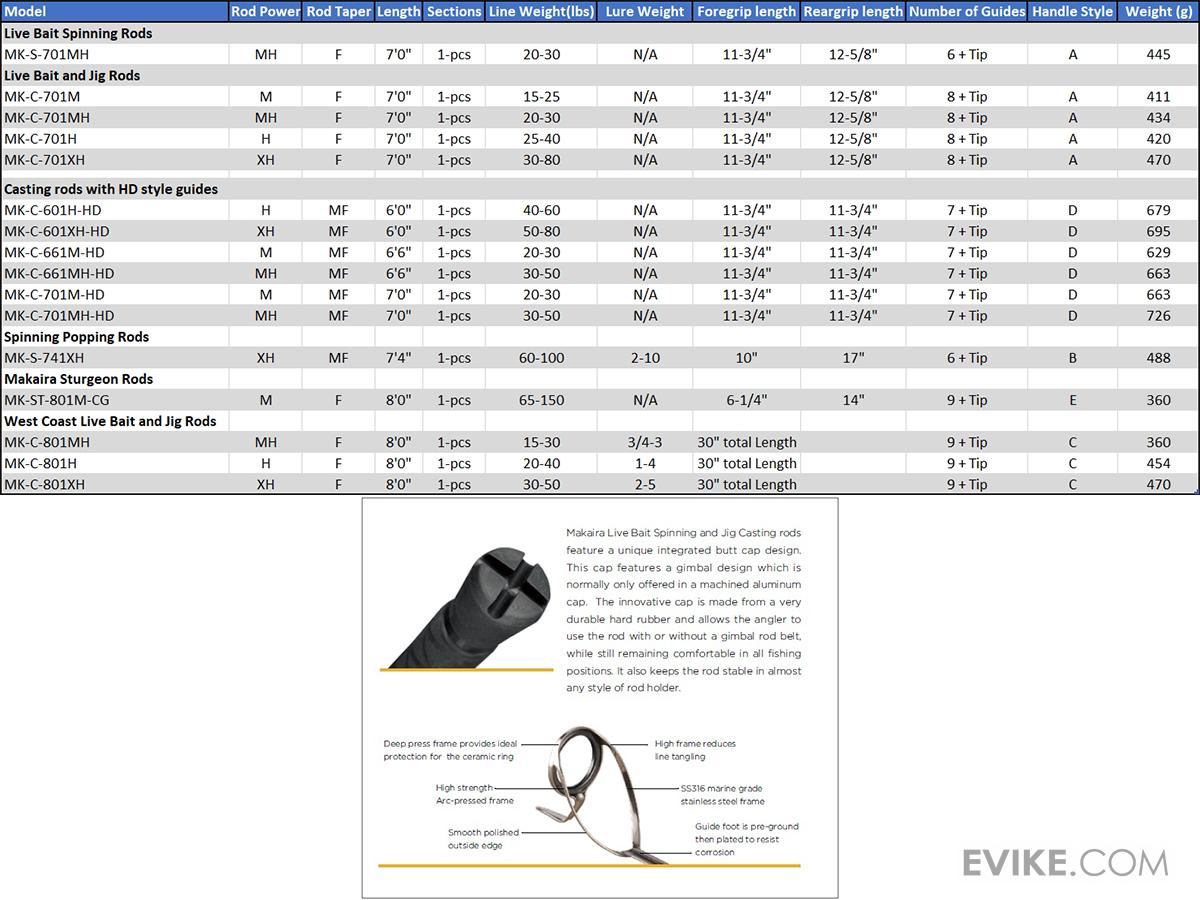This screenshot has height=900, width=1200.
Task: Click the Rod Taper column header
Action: pos(338,12)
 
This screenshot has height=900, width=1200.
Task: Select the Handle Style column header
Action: pos(1073,12)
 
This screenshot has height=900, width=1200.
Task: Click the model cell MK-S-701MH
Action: pos(53,54)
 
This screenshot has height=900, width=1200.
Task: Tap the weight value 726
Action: pos(1158,316)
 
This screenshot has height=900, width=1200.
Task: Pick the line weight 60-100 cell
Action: pos(541,358)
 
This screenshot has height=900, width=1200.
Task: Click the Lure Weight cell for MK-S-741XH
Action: pos(645,358)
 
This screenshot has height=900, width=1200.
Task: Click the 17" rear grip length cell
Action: pos(853,358)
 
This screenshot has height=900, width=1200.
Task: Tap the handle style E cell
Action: pos(1073,400)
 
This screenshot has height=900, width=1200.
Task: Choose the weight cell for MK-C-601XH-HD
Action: pos(1158,232)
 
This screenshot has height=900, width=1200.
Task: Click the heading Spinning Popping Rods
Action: pos(77,337)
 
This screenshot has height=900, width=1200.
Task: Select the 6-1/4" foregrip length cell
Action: pos(747,400)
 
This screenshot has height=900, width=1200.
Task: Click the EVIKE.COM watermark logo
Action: pos(1065,862)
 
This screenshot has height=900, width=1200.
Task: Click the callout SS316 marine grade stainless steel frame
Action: pos(722,795)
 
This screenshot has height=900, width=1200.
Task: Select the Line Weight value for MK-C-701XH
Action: pos(541,160)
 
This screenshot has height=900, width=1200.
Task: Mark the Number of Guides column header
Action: pos(967,12)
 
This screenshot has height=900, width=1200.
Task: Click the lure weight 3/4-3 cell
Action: pos(645,442)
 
